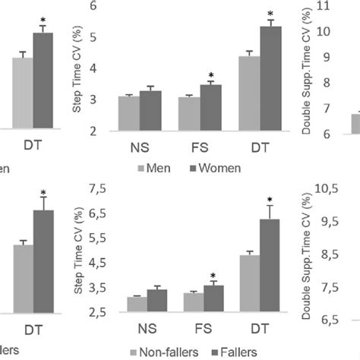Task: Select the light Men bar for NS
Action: pyautogui.click(x=128, y=112)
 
